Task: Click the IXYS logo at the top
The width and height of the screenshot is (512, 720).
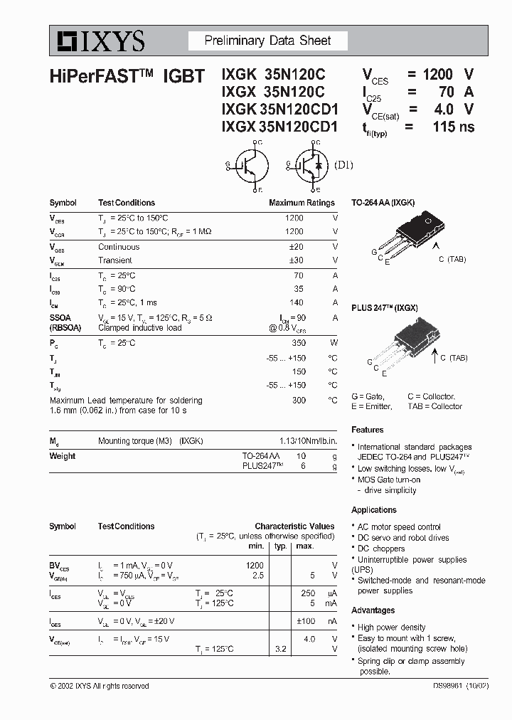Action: (x=98, y=41)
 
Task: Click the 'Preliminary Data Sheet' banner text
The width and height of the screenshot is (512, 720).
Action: (x=267, y=41)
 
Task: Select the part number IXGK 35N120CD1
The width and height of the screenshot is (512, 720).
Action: (x=279, y=110)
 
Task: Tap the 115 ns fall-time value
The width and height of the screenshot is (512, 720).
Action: (x=453, y=127)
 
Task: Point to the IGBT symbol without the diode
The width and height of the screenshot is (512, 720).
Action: (x=248, y=166)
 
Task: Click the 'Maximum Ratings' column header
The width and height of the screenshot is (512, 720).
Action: (x=302, y=203)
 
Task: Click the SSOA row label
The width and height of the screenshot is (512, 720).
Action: (x=60, y=317)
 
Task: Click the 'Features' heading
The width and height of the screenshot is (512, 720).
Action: (x=367, y=430)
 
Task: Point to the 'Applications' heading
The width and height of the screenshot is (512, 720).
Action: (x=373, y=510)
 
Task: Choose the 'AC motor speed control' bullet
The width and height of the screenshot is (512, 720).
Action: (x=399, y=527)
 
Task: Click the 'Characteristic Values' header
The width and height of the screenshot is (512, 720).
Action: (x=294, y=526)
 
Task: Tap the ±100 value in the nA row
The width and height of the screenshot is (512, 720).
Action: (x=306, y=621)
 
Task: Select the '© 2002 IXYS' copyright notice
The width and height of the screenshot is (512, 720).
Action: (x=100, y=687)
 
